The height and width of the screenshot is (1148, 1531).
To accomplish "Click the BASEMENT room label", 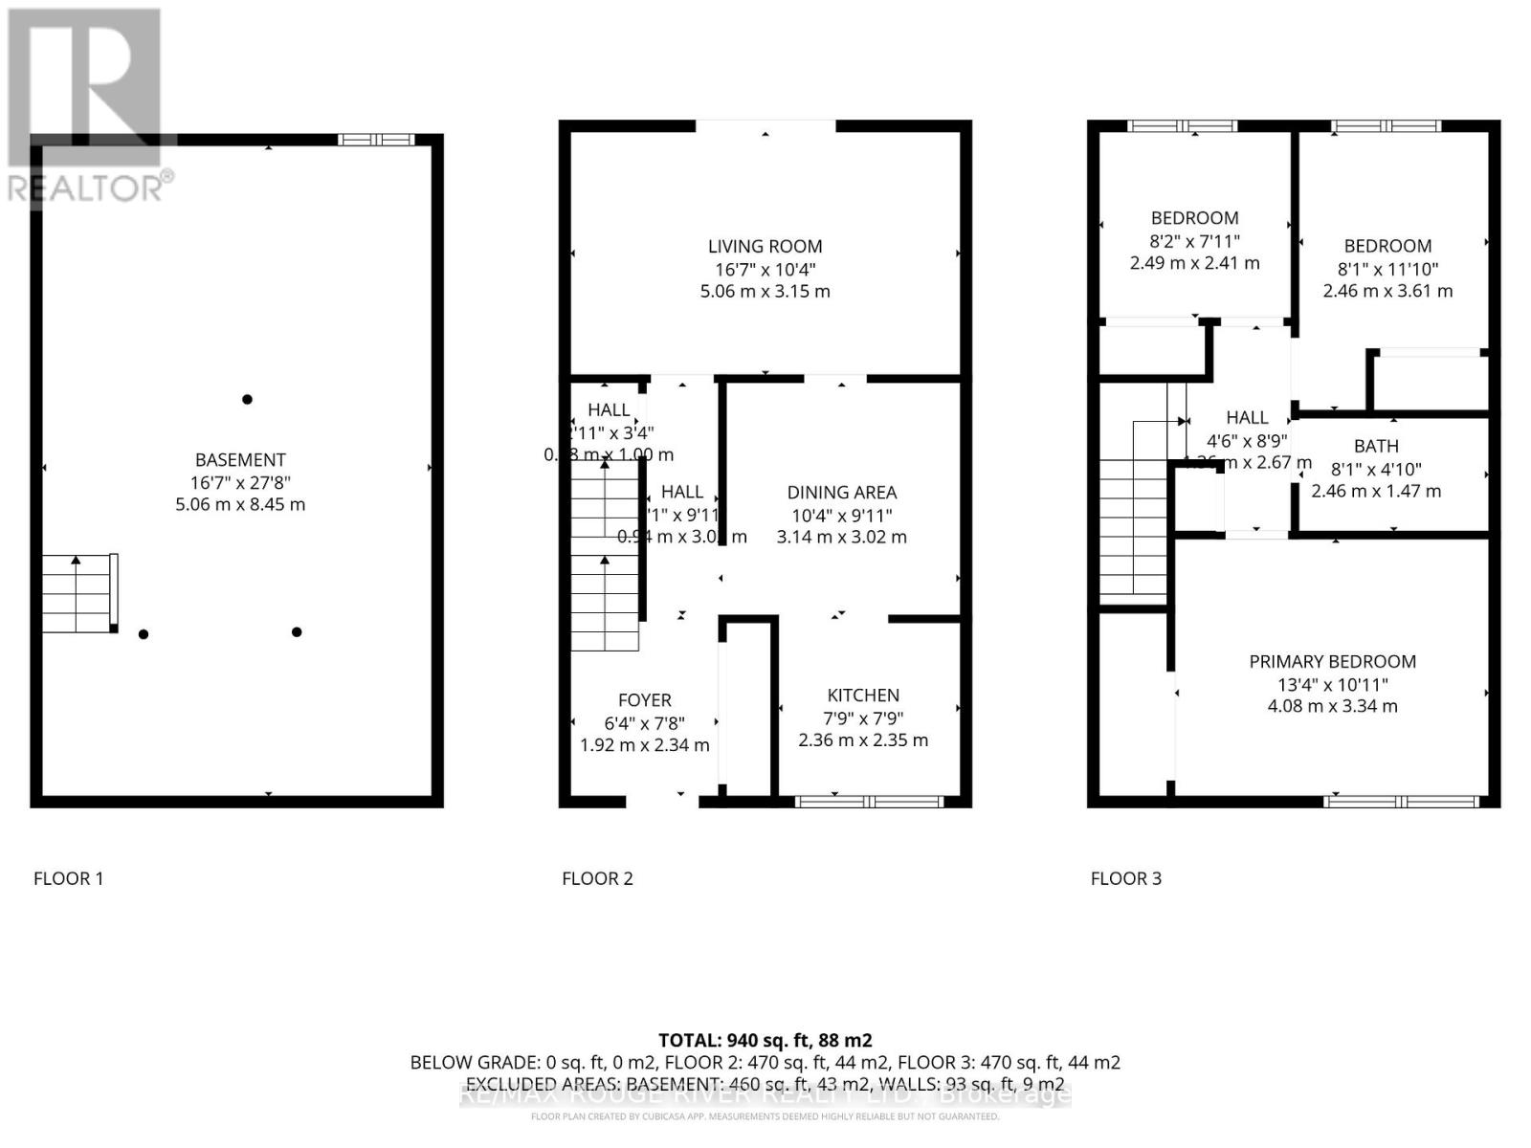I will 240,460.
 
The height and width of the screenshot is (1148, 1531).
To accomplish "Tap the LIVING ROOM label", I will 765,247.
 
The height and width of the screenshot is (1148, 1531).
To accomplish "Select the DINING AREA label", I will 841,493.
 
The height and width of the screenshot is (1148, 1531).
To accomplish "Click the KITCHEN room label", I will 863,695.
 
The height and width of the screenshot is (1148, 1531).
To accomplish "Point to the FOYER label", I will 644,700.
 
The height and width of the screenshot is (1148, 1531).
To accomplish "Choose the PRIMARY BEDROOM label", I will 1332,662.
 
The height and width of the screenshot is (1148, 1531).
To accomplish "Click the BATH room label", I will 1376,446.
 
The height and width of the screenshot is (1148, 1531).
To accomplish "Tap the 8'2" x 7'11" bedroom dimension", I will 1194,241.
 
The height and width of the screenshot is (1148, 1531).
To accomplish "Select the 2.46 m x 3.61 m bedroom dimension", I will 1387,291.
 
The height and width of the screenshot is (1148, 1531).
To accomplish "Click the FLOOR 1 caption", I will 68,878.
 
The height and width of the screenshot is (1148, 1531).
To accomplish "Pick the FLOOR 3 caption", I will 1125,878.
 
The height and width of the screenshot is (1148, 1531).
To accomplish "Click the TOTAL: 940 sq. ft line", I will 765,1040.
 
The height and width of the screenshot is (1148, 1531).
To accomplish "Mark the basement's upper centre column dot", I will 247,399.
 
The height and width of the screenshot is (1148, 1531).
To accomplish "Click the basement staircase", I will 78,593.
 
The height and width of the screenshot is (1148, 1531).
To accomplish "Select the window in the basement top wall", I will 377,140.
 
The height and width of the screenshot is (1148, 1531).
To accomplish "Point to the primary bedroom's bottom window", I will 1402,802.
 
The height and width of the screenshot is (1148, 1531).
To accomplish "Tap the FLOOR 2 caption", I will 597,878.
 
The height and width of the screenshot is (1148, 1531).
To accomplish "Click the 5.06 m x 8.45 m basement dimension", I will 240,504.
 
